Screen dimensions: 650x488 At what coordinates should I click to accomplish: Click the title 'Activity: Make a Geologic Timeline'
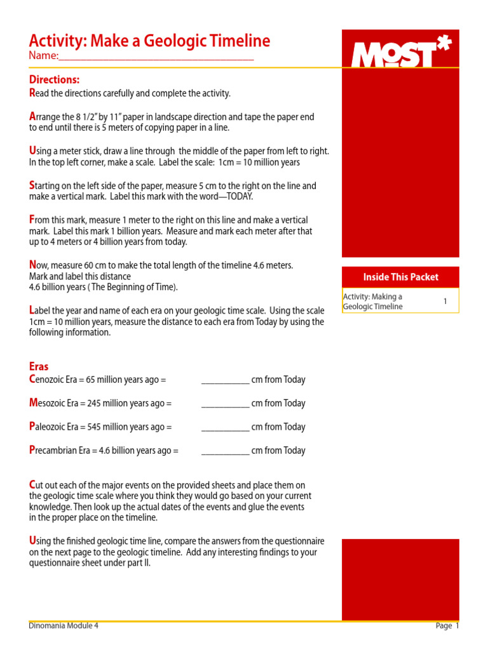[149, 41]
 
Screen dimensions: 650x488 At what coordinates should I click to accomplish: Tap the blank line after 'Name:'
[156, 57]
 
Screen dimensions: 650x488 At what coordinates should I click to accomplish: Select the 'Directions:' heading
[55, 79]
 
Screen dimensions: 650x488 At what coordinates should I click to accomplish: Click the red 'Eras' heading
[39, 366]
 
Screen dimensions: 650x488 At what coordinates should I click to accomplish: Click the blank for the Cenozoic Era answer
[225, 380]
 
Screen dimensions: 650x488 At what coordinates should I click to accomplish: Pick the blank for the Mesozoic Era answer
[225, 404]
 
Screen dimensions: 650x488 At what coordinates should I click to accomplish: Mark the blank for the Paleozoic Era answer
[225, 427]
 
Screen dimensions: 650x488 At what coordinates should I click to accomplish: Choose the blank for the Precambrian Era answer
[225, 451]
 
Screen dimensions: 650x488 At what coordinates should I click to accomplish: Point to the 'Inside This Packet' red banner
[400, 277]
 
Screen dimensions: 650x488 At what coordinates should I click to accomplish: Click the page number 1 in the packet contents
[445, 302]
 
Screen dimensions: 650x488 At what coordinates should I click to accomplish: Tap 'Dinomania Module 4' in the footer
[64, 625]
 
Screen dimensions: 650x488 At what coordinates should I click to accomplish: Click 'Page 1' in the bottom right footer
[447, 626]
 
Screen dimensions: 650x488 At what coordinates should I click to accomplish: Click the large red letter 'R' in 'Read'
[32, 93]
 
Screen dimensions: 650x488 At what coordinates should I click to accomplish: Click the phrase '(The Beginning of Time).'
[136, 287]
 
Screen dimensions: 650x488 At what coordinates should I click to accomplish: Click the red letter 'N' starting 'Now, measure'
[33, 264]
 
